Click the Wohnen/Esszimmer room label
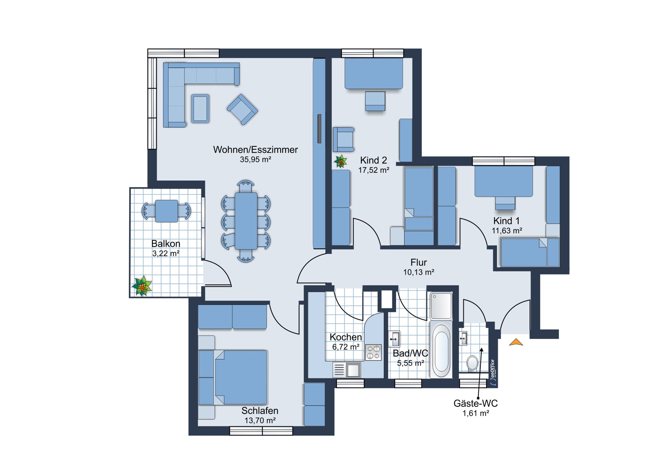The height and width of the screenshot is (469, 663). coord(255,150)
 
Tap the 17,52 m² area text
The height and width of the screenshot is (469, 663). coord(374,170)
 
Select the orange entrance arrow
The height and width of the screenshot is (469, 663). coord(516,342)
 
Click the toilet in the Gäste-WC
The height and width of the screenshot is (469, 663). coord(472,364)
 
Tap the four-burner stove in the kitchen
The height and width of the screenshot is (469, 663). coord(373,353)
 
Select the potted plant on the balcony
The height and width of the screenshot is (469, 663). coord(142,286)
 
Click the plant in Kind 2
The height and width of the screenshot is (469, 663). coord(341,161)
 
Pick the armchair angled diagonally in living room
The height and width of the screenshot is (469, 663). coord(242,109)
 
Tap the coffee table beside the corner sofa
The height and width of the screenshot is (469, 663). coord(200,109)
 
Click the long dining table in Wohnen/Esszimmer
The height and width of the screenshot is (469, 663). coord(246,221)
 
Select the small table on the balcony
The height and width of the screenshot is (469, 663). coord(166,211)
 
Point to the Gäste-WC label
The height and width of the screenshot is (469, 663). coord(475,403)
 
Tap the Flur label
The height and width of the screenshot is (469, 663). coord(419,262)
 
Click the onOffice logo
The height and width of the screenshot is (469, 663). coord(493,373)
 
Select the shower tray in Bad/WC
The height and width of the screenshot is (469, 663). coord(441,306)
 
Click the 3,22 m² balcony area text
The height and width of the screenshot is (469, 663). coord(166,253)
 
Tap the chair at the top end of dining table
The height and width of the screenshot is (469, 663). coord(246,186)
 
